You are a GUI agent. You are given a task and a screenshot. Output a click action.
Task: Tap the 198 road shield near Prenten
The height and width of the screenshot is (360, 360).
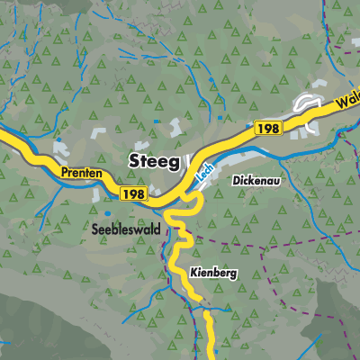coord(132,193)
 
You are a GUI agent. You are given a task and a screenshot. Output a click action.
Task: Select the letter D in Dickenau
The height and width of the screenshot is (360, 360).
coord(237,180)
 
